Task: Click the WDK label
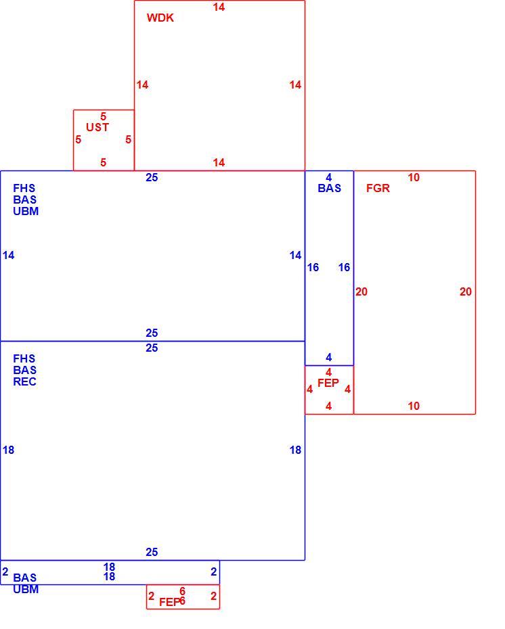click(160, 18)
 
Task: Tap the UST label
click(97, 127)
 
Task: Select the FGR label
click(378, 188)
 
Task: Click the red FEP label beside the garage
click(328, 383)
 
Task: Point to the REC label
click(24, 381)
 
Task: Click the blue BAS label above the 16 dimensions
click(329, 188)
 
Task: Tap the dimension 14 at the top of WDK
click(219, 7)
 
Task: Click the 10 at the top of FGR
click(414, 177)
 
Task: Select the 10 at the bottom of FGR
click(414, 406)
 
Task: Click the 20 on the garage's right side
click(466, 292)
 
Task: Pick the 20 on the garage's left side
click(361, 292)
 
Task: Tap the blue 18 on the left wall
click(8, 450)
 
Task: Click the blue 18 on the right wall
click(295, 450)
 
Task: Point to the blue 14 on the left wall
click(8, 255)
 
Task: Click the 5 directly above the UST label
click(103, 116)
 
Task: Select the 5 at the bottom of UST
click(103, 162)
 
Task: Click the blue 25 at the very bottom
click(152, 552)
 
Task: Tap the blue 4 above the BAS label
click(329, 177)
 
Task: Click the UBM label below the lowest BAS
click(26, 589)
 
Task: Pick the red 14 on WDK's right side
click(295, 85)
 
